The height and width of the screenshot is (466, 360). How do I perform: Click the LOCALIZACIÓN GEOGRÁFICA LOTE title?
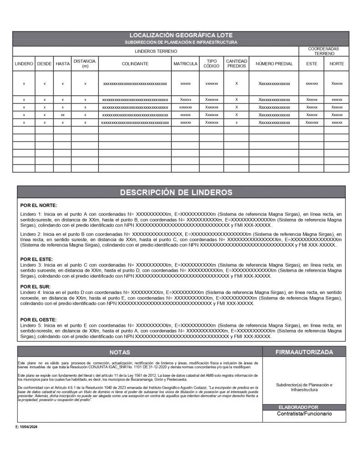click(x=181, y=35)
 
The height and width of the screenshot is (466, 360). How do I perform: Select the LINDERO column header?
click(x=24, y=64)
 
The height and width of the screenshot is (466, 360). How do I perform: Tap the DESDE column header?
click(x=44, y=64)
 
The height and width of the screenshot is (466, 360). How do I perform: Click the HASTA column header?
click(x=62, y=64)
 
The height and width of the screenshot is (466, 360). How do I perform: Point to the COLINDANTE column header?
click(x=135, y=64)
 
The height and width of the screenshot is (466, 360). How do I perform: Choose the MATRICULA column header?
click(x=185, y=64)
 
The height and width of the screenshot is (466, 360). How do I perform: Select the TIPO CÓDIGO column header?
click(x=212, y=64)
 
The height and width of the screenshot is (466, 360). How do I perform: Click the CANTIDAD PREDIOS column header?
click(x=237, y=64)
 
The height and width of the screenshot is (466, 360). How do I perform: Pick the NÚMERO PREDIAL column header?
click(x=274, y=64)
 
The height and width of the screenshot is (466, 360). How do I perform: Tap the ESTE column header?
click(x=312, y=64)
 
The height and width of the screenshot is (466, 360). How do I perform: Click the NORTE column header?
click(x=337, y=64)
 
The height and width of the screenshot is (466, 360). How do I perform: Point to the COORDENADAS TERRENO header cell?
click(x=324, y=51)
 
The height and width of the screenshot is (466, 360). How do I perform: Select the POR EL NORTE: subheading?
click(x=39, y=206)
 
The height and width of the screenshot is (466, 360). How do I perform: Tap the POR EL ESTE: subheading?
click(x=36, y=258)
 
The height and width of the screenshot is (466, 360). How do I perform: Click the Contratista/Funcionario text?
click(x=304, y=414)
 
